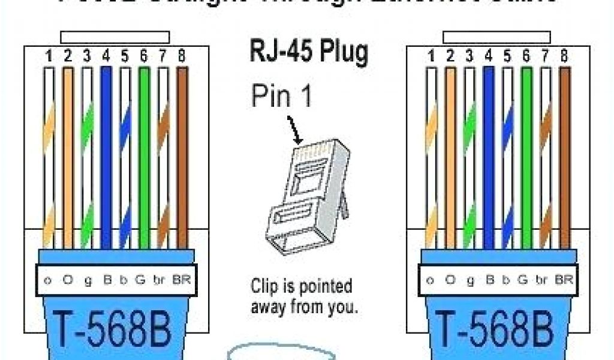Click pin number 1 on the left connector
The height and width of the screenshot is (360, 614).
(49, 57)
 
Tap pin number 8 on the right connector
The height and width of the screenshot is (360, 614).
(564, 57)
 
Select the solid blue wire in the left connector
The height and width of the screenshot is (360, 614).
(106, 156)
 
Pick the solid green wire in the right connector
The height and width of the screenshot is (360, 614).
(526, 156)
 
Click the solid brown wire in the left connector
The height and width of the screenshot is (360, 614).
(182, 156)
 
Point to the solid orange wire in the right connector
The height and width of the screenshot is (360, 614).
(450, 156)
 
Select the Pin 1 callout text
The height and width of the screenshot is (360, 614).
(281, 96)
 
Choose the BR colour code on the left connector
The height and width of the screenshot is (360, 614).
(180, 280)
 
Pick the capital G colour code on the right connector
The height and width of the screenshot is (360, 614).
(526, 280)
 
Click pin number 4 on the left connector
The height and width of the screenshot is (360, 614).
(106, 57)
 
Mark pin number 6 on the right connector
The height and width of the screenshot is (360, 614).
(526, 57)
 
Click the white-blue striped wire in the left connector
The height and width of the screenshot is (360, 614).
(125, 156)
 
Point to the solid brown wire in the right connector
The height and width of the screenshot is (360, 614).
(564, 156)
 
